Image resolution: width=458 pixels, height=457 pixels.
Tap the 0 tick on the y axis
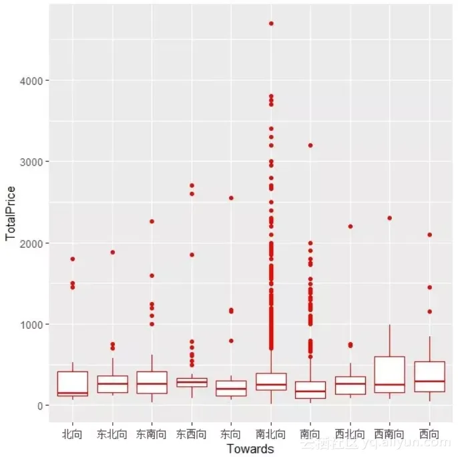pos(39,406)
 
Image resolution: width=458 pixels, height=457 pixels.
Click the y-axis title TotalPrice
pos(11,214)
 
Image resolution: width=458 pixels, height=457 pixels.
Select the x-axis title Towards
pos(250,449)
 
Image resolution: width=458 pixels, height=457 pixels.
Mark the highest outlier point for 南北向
pos(271,23)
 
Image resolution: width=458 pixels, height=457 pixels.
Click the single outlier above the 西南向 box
pos(390,218)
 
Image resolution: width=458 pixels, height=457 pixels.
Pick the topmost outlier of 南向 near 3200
pos(310,145)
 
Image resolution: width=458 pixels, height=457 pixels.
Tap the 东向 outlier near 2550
pos(231,198)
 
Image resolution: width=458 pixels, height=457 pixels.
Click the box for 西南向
pos(390,374)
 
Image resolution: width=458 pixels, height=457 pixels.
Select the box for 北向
pos(72,384)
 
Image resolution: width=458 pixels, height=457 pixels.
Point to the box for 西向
pos(430,377)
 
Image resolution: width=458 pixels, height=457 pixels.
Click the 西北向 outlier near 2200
pos(351,226)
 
